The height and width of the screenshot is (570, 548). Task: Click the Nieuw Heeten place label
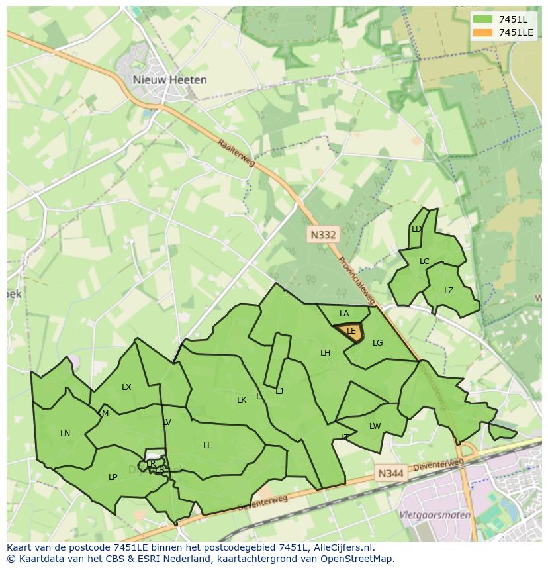(x=169, y=80)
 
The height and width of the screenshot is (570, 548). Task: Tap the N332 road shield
(x=323, y=234)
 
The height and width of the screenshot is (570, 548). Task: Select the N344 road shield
(x=391, y=473)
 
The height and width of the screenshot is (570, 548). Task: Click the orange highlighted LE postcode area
(x=351, y=332)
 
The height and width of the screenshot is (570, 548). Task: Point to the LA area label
(x=344, y=314)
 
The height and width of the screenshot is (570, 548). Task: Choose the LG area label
(x=377, y=343)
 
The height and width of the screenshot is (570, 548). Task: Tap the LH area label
(x=325, y=353)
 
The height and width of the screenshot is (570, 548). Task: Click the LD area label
(x=416, y=229)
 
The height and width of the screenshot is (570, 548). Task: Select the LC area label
(x=424, y=261)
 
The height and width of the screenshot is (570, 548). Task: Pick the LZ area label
(x=449, y=291)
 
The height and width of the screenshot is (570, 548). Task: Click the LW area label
(x=375, y=426)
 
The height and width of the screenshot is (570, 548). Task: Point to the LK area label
(x=242, y=400)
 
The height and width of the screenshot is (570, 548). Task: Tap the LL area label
(x=207, y=446)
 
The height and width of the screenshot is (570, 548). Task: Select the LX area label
(x=126, y=387)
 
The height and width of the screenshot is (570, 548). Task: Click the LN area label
(x=65, y=434)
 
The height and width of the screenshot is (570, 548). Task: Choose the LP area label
(x=113, y=477)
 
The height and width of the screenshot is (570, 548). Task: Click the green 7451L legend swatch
(x=482, y=19)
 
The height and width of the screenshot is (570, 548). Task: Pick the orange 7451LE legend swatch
(x=482, y=32)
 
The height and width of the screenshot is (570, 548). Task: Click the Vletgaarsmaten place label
(x=435, y=515)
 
